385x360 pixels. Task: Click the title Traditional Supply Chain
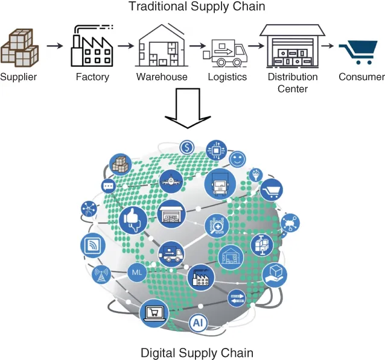pyautogui.click(x=197, y=7)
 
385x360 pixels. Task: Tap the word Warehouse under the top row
pyautogui.click(x=162, y=77)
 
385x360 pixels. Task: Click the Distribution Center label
pyautogui.click(x=293, y=83)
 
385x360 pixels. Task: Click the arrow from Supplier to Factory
pyautogui.click(x=54, y=46)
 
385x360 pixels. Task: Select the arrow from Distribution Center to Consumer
pyautogui.click(x=328, y=46)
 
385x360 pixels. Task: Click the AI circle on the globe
pyautogui.click(x=197, y=323)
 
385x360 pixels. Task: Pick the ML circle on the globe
pyautogui.click(x=136, y=273)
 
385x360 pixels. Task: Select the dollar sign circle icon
pyautogui.click(x=187, y=147)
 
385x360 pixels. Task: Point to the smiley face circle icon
pyautogui.click(x=237, y=159)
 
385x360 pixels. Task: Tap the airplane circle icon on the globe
pyautogui.click(x=171, y=180)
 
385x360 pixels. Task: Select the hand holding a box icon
pyautogui.click(x=275, y=274)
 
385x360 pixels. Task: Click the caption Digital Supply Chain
pyautogui.click(x=197, y=352)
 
